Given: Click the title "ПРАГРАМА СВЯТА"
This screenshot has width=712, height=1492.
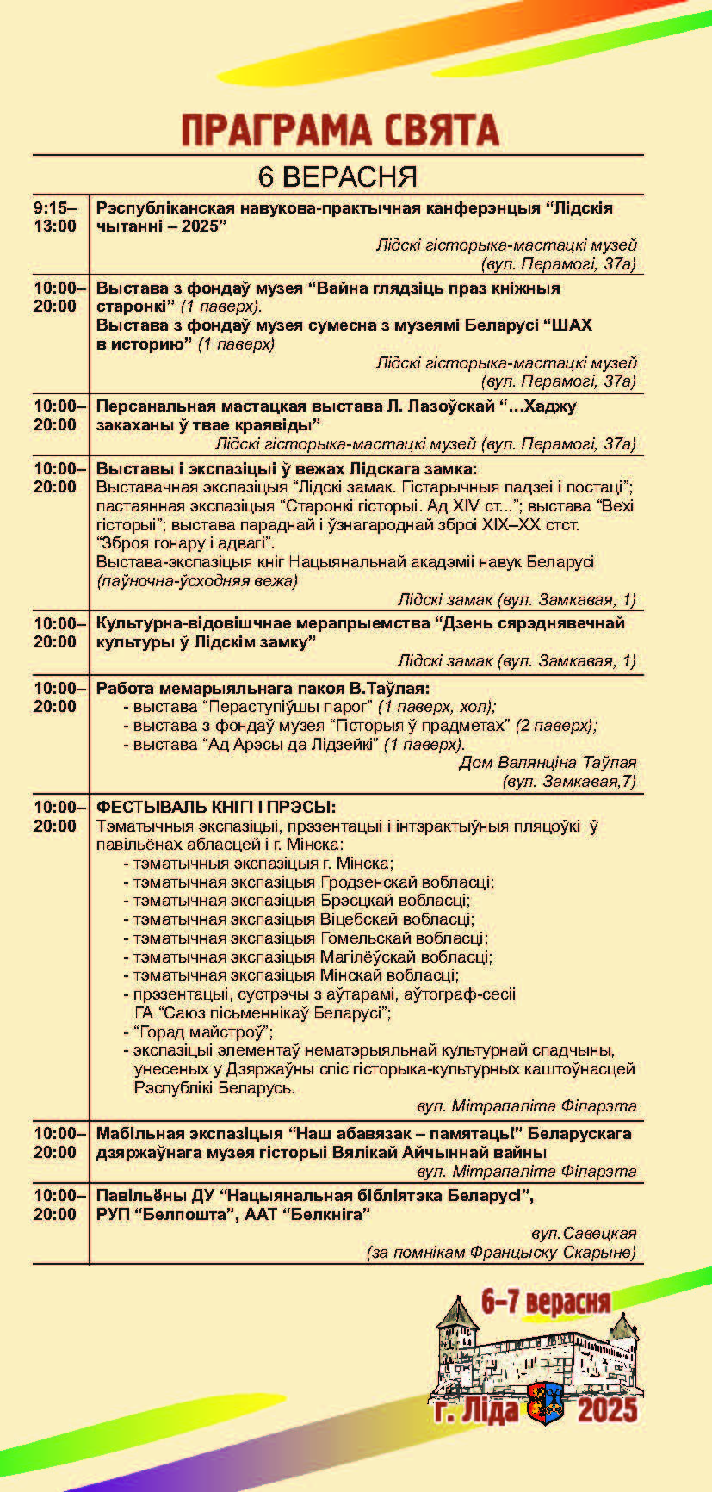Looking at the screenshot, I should (x=340, y=131).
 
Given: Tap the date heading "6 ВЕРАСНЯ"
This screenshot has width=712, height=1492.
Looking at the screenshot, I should (x=337, y=176).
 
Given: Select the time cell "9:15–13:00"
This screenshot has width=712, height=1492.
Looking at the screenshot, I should (x=56, y=217).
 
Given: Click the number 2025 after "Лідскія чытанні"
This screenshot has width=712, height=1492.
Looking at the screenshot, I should (x=195, y=226).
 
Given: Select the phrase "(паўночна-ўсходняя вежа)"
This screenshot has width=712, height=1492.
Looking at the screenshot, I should (x=197, y=581).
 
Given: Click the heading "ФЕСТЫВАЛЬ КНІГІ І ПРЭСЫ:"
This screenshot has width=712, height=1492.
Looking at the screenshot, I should (x=216, y=807).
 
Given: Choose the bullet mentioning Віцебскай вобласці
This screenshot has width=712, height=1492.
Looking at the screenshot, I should (x=303, y=919).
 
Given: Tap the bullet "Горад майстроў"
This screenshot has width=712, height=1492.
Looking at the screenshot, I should (x=203, y=1031).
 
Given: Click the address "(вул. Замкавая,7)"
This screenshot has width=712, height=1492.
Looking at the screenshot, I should (x=568, y=782).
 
